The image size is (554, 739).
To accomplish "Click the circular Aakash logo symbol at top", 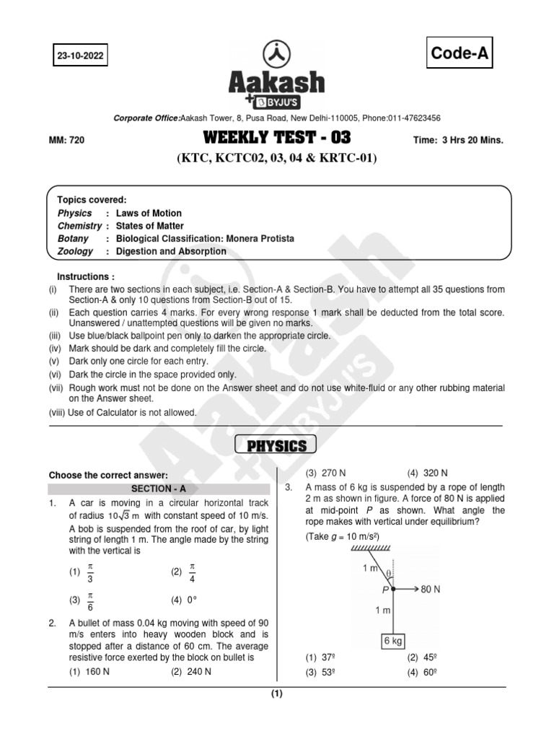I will point(276,55).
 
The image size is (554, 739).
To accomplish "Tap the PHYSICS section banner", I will point(277,446).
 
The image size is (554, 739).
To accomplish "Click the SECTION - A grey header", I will point(160,489).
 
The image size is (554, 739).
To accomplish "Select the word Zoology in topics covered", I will point(76,252).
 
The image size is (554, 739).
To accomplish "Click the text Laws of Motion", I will point(149,213).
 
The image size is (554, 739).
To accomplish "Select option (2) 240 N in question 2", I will point(191,671).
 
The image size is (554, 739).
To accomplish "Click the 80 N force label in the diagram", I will point(431,590).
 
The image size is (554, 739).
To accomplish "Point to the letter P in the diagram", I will point(386,590).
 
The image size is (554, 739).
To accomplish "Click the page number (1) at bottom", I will point(277,694).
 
